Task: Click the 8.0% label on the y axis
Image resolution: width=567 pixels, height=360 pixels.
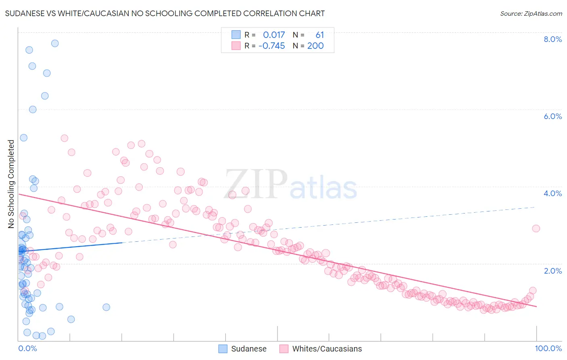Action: (x=552, y=39)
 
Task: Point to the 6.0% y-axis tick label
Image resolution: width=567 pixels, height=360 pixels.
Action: (x=552, y=116)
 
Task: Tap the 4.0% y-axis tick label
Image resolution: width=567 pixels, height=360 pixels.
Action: (x=552, y=193)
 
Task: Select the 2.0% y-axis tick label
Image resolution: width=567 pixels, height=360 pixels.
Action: (x=552, y=271)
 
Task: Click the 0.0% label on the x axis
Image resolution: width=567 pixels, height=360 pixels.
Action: (x=27, y=348)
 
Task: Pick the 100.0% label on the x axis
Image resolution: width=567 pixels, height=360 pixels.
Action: (x=548, y=348)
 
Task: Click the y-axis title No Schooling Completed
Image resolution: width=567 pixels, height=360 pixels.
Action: (x=11, y=184)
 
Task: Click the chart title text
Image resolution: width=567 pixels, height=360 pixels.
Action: (x=165, y=13)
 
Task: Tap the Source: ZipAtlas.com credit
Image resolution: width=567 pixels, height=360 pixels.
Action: (x=531, y=13)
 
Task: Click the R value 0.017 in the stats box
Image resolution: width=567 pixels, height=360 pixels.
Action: (x=274, y=35)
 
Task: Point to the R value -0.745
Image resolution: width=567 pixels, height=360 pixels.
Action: (x=271, y=46)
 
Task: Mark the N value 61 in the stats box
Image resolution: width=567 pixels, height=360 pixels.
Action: (x=319, y=35)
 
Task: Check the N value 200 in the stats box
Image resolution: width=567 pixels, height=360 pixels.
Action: (x=315, y=46)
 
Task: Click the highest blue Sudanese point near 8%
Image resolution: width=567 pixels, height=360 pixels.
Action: (x=55, y=43)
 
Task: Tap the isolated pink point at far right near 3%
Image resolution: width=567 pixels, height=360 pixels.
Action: (x=536, y=228)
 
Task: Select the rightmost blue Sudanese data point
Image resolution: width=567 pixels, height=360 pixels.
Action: (x=106, y=307)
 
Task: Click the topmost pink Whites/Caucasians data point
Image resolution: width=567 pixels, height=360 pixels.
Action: (x=65, y=138)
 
